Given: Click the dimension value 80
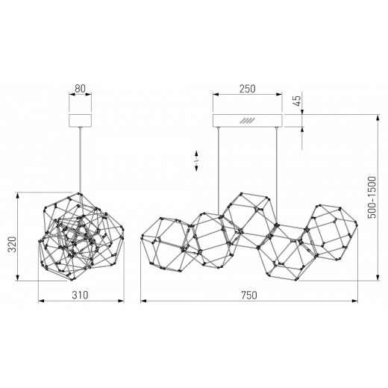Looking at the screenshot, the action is [x=80, y=89].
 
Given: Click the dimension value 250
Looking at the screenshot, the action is [x=247, y=89].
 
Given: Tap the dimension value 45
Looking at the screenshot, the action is [x=297, y=101].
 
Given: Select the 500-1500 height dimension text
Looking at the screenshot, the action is [x=372, y=198].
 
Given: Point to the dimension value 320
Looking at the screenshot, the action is [x=12, y=244].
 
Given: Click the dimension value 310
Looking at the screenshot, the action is [x=80, y=295].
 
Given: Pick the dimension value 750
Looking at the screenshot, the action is [x=249, y=295].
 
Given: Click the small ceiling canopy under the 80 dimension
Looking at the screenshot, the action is [x=80, y=121].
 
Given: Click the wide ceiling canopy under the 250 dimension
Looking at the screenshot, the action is [x=248, y=121].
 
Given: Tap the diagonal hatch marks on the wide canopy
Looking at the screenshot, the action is [x=247, y=121].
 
